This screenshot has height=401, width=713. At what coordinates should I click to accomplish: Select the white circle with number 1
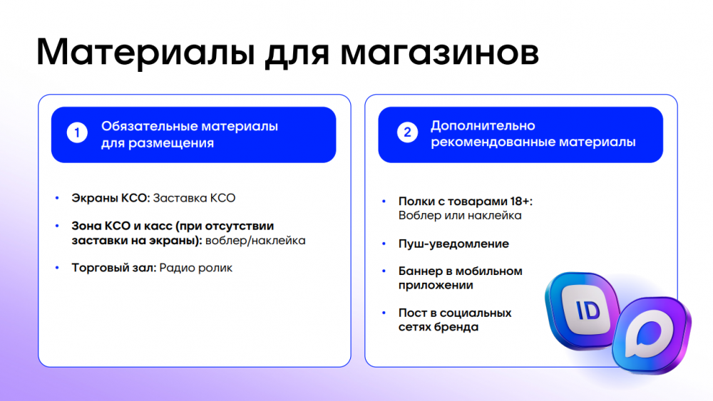[x=76, y=133]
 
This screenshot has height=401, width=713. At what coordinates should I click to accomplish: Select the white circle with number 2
[x=406, y=133]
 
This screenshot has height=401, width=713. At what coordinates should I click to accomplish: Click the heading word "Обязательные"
[x=145, y=126]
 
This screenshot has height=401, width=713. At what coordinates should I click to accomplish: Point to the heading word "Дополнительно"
[x=483, y=126]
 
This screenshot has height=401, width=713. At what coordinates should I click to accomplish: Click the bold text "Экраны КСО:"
[x=111, y=198]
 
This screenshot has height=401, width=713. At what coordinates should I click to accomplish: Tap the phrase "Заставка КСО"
[x=194, y=198]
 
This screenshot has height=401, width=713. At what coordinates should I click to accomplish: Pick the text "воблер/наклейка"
[x=255, y=241]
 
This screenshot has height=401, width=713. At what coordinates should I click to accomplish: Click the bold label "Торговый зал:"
[x=114, y=269]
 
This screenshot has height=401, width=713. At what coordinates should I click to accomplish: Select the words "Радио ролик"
[x=196, y=269]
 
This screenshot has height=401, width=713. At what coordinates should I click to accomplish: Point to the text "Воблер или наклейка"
[x=460, y=216]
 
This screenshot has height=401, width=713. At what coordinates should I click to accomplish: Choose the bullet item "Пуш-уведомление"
[x=453, y=244]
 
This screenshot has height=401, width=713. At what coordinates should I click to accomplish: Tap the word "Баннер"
[x=420, y=271]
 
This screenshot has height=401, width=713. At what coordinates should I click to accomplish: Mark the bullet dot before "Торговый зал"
[x=58, y=269]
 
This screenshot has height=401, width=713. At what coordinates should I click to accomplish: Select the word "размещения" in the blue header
[x=171, y=143]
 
